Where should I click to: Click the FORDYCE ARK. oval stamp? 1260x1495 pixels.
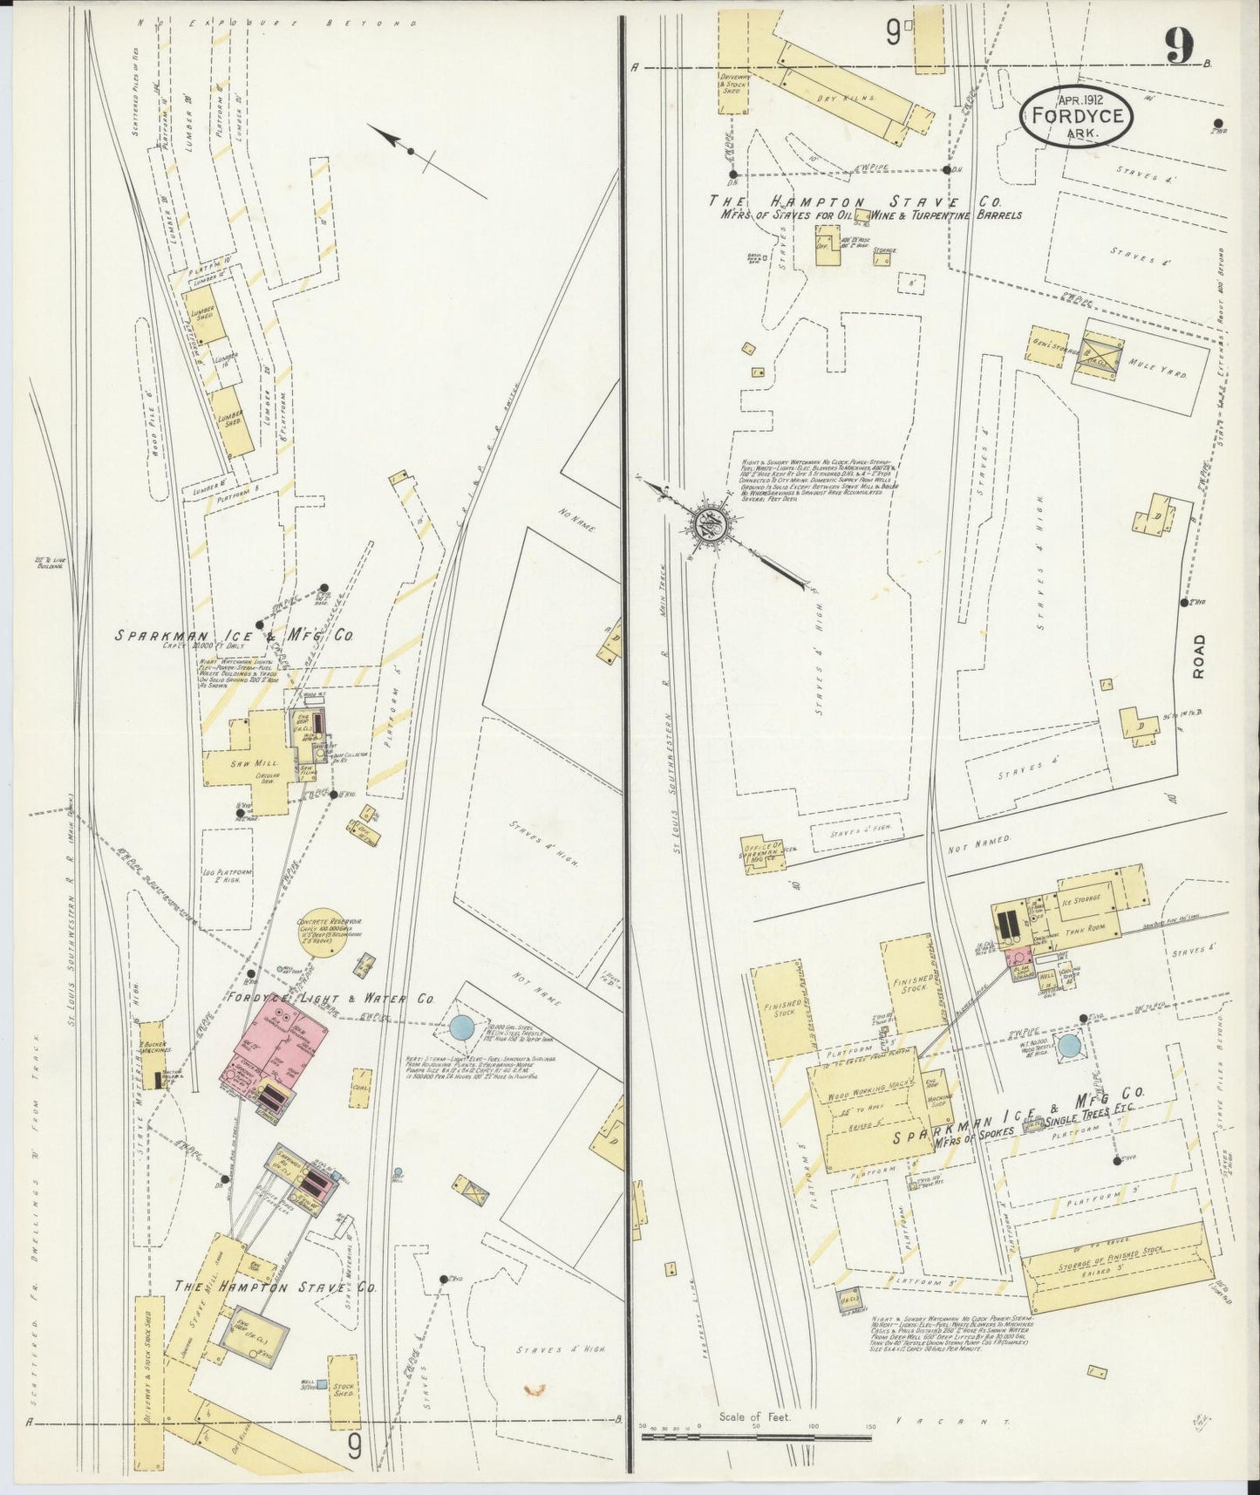(1078, 115)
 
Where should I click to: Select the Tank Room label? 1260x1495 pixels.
(1084, 932)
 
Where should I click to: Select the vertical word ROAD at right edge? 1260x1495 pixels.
(1199, 656)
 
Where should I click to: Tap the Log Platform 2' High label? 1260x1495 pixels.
(233, 877)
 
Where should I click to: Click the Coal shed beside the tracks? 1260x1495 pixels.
(361, 1089)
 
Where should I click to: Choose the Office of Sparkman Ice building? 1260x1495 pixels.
(761, 853)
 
